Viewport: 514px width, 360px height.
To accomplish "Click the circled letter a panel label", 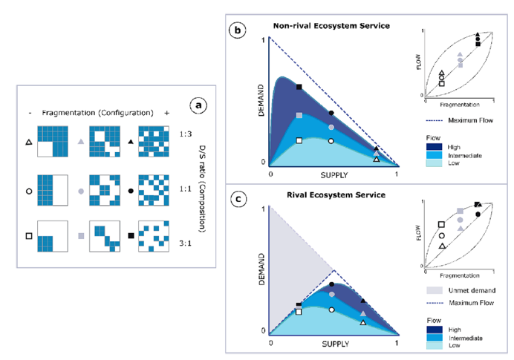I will [198, 105].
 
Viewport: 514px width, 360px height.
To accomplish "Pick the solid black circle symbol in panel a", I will [131, 191].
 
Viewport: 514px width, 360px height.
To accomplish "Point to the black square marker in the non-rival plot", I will [299, 88].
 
